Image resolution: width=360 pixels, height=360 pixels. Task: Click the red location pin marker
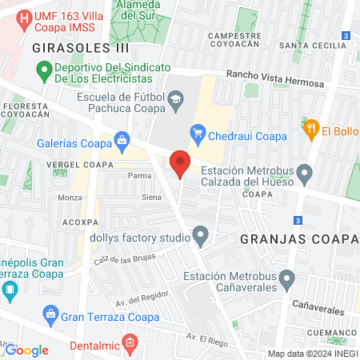tap(180, 163)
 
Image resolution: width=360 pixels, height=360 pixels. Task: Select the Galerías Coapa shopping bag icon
tap(122, 142)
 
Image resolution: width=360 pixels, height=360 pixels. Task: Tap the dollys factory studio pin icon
tap(201, 236)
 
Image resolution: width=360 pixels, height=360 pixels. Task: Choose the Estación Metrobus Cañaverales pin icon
tap(289, 279)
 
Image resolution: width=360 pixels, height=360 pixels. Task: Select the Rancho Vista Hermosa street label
tap(275, 78)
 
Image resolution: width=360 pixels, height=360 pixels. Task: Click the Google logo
tap(27, 350)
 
